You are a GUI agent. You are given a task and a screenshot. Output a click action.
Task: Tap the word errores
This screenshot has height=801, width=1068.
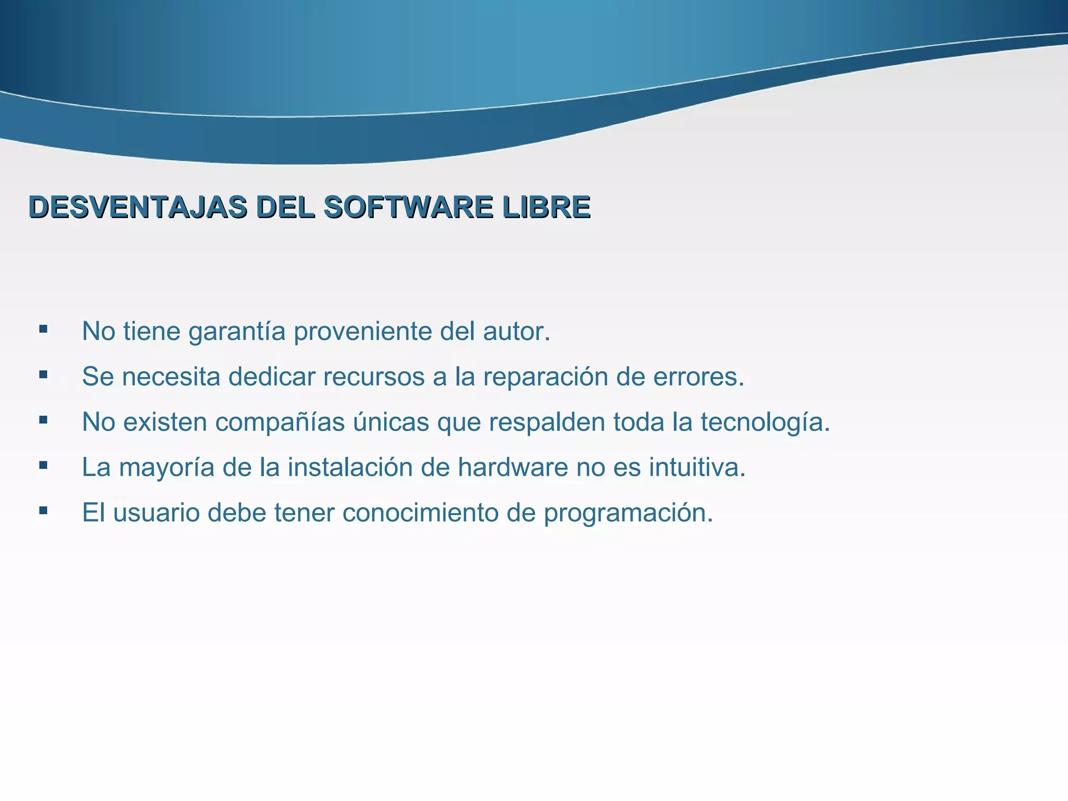point(699,377)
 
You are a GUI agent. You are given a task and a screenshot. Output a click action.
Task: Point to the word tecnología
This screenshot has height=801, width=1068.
point(765,422)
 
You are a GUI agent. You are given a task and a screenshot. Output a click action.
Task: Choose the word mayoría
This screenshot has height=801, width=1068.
point(166,467)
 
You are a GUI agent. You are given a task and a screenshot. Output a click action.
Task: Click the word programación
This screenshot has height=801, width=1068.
point(628,513)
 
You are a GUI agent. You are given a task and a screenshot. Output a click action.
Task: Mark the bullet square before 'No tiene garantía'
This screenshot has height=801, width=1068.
point(43,329)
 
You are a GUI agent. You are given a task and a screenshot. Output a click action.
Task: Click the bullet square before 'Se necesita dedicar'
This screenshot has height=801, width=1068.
point(43,374)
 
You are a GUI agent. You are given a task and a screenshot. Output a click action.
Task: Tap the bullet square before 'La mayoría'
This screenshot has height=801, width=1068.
point(43,465)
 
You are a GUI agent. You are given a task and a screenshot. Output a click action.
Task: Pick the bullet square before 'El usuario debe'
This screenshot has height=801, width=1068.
point(43,511)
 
